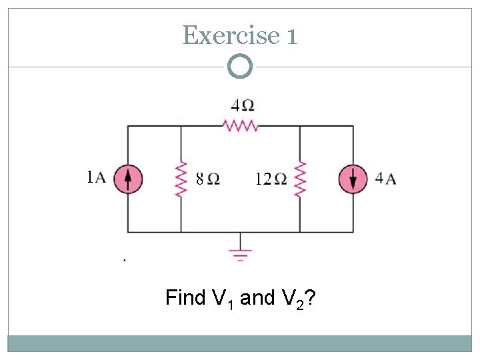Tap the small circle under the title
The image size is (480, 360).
[240, 66]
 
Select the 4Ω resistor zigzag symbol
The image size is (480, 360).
[241, 125]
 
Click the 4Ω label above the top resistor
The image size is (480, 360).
[242, 105]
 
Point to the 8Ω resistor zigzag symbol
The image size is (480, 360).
[181, 179]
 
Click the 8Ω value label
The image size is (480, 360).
[207, 179]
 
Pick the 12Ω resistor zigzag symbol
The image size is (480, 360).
[300, 179]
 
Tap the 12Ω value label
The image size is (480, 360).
[271, 179]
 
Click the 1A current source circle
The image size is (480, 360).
[128, 179]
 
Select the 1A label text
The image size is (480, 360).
[97, 177]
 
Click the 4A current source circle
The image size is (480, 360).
[353, 179]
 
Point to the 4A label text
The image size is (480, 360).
[385, 178]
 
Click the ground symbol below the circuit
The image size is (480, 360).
[241, 252]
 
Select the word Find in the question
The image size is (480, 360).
[185, 297]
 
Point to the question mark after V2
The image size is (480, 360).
[310, 297]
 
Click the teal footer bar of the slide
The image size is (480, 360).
[240, 343]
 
